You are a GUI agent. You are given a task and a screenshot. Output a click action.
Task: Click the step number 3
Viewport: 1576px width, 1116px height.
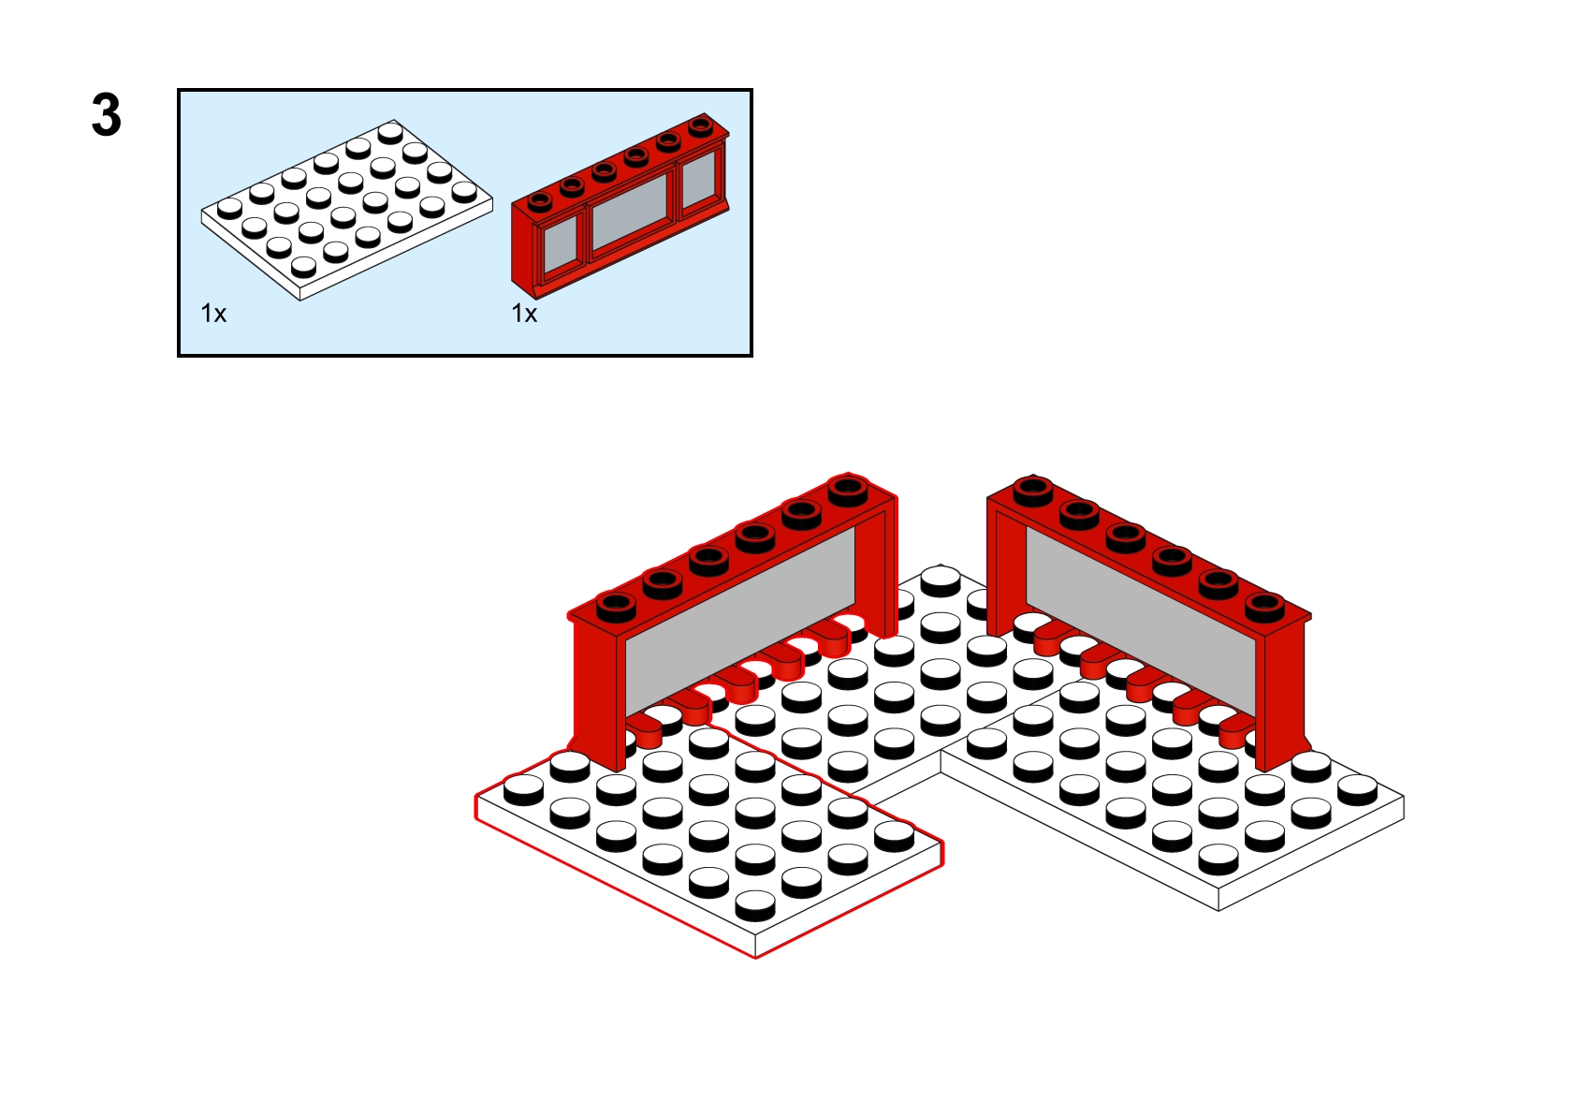tap(107, 115)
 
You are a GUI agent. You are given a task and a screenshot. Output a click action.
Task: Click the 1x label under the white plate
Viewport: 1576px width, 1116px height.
tap(214, 313)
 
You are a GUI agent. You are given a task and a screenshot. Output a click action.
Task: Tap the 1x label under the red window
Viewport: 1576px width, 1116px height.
tap(524, 313)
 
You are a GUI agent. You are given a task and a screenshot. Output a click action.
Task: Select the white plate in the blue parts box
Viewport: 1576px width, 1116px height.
tap(347, 210)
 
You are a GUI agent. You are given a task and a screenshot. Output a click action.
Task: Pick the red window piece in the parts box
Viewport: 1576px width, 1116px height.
tap(620, 205)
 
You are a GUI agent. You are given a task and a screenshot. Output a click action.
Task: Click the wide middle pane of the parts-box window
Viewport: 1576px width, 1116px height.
tap(630, 211)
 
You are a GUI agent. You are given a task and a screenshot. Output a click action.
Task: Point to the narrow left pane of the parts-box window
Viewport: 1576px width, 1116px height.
tap(561, 246)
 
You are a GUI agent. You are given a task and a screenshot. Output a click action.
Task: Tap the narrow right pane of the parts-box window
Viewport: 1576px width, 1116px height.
tap(699, 179)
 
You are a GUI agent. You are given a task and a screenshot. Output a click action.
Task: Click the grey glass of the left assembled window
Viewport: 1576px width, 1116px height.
tap(740, 619)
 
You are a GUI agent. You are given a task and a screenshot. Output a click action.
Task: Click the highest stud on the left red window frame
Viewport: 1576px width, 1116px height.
tap(848, 490)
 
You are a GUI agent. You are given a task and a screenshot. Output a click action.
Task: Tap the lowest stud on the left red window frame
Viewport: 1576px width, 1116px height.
tap(617, 606)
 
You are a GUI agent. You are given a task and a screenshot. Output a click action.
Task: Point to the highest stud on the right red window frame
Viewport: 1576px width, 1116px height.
tap(1033, 490)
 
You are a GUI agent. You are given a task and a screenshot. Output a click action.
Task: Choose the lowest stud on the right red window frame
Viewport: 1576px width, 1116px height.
tap(1265, 606)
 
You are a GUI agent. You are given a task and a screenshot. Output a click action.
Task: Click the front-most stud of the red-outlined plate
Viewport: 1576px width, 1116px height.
tap(755, 905)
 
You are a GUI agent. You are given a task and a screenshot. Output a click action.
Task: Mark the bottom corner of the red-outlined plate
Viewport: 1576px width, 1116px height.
tap(755, 959)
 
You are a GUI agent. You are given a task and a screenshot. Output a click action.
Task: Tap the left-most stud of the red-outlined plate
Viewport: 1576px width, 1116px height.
tap(524, 789)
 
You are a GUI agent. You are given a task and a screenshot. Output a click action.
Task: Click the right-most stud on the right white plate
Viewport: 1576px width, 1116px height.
tap(1357, 789)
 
